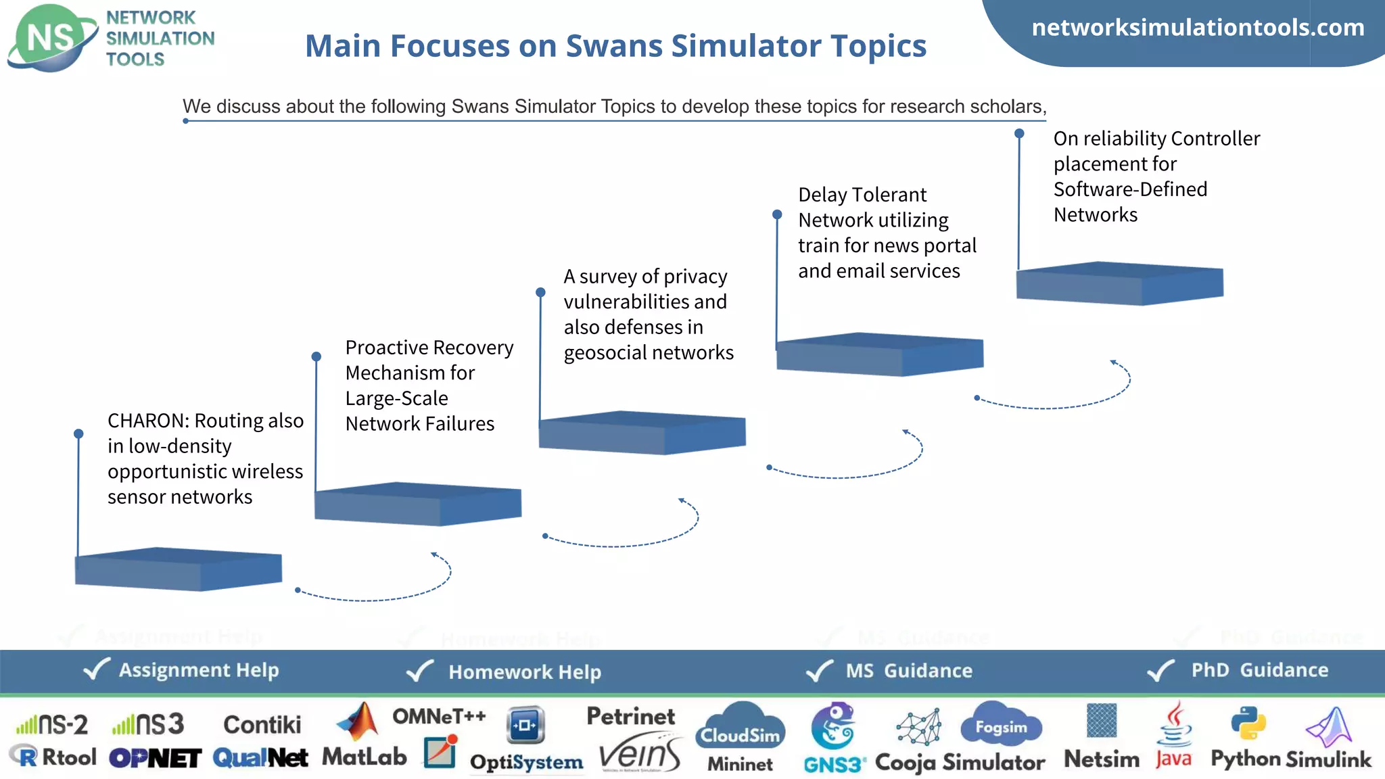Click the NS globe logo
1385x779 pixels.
(x=51, y=37)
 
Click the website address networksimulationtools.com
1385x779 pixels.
(x=1198, y=28)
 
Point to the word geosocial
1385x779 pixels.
(x=607, y=353)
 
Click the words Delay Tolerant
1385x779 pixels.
(x=862, y=195)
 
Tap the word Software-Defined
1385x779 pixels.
(x=1129, y=189)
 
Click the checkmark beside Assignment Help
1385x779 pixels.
(x=96, y=669)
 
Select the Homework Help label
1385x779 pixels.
(x=524, y=671)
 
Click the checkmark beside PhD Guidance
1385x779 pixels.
(x=1161, y=670)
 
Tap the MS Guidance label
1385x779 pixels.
(x=908, y=671)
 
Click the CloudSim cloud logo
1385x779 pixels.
(x=741, y=726)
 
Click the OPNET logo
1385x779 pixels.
(x=155, y=758)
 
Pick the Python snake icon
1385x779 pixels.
(x=1248, y=724)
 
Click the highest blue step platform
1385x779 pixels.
(x=1119, y=283)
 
